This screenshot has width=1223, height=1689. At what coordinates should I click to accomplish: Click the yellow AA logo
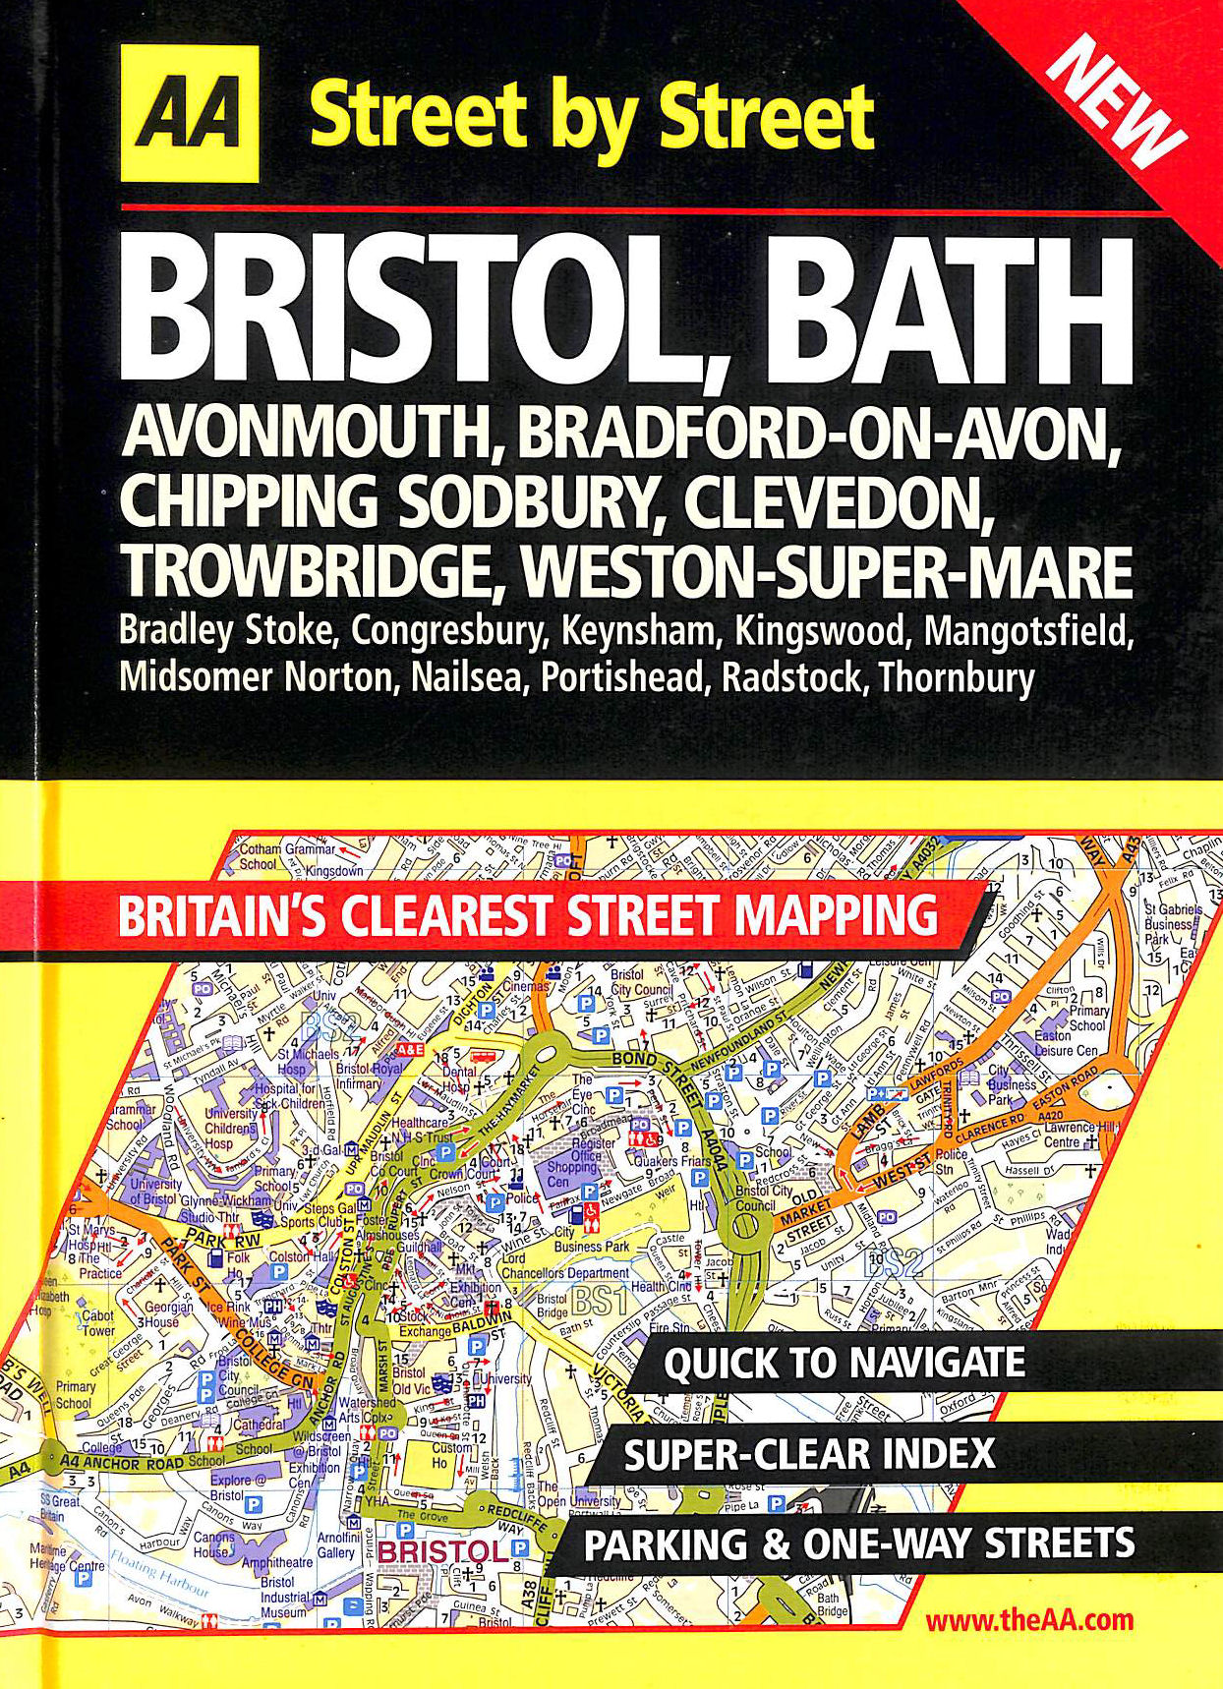[x=190, y=114]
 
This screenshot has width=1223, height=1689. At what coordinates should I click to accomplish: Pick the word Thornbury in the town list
[x=957, y=677]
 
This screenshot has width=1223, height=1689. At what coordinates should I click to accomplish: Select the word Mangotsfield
[x=1028, y=630]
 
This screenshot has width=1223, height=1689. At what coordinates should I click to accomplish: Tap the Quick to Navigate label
[x=844, y=1364]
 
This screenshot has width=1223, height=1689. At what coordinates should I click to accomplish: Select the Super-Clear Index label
[x=809, y=1454]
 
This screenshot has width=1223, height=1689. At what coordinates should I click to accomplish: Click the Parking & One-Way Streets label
[x=859, y=1543]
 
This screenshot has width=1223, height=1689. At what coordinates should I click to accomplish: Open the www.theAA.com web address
[x=1028, y=1620]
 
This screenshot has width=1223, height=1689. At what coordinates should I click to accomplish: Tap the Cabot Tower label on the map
[x=98, y=1323]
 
